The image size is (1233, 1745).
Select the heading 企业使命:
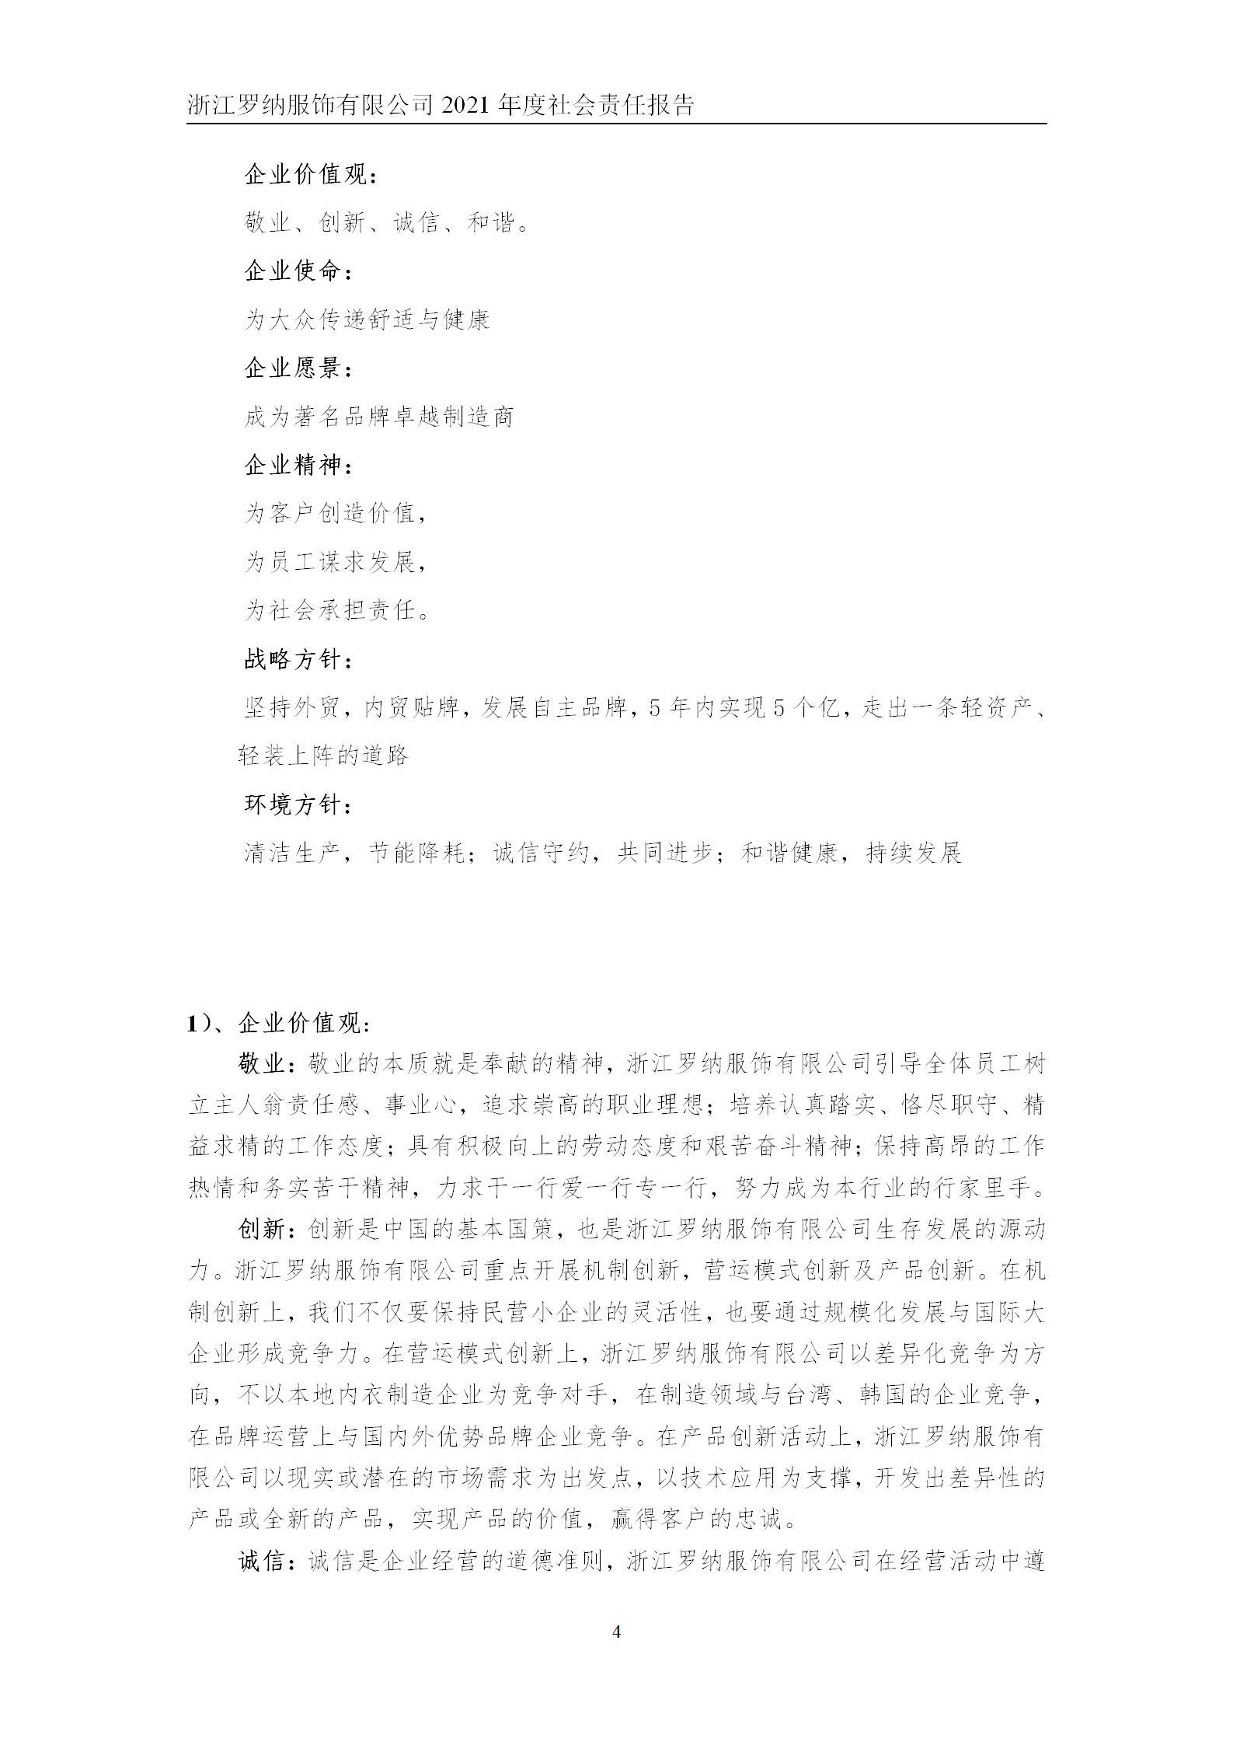click(x=298, y=272)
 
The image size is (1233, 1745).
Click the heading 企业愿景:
click(x=298, y=368)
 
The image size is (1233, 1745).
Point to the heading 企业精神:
click(x=298, y=466)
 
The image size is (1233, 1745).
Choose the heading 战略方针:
click(x=298, y=660)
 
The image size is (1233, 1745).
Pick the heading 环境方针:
click(x=298, y=805)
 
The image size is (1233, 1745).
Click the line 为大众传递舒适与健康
click(x=367, y=320)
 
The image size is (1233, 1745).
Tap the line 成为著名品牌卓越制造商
click(x=379, y=417)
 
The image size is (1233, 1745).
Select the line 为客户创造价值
click(x=335, y=514)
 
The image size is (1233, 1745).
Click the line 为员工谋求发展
click(x=335, y=562)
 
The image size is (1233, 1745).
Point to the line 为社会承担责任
click(x=336, y=611)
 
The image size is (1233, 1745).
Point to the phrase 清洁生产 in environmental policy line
click(x=292, y=853)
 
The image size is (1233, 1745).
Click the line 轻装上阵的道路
click(x=323, y=756)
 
